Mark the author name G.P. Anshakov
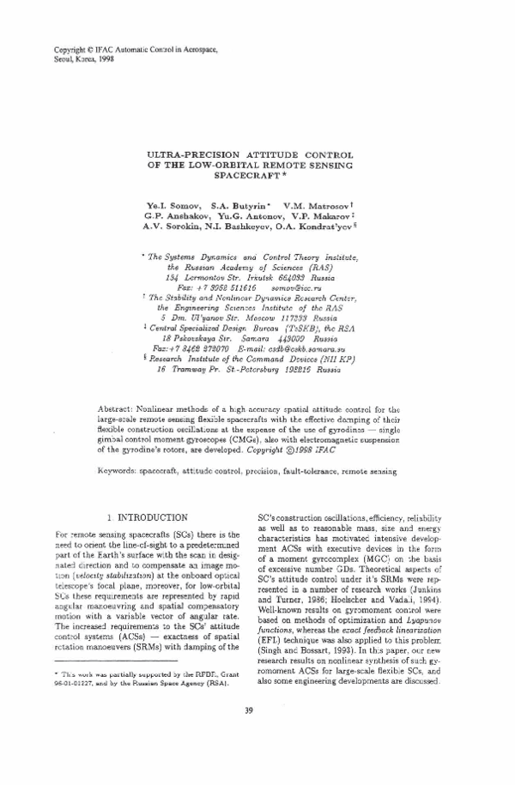point(176,219)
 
